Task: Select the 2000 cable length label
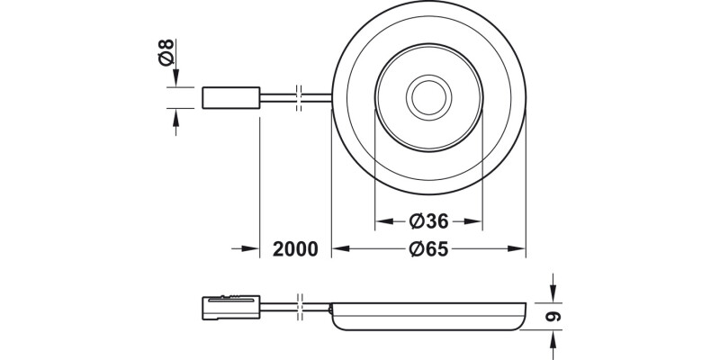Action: click(294, 249)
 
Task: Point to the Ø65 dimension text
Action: click(429, 249)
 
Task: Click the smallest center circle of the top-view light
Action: click(428, 97)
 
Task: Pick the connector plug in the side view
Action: click(230, 307)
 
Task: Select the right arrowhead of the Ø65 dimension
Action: click(519, 249)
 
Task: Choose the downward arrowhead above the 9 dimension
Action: click(553, 293)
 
